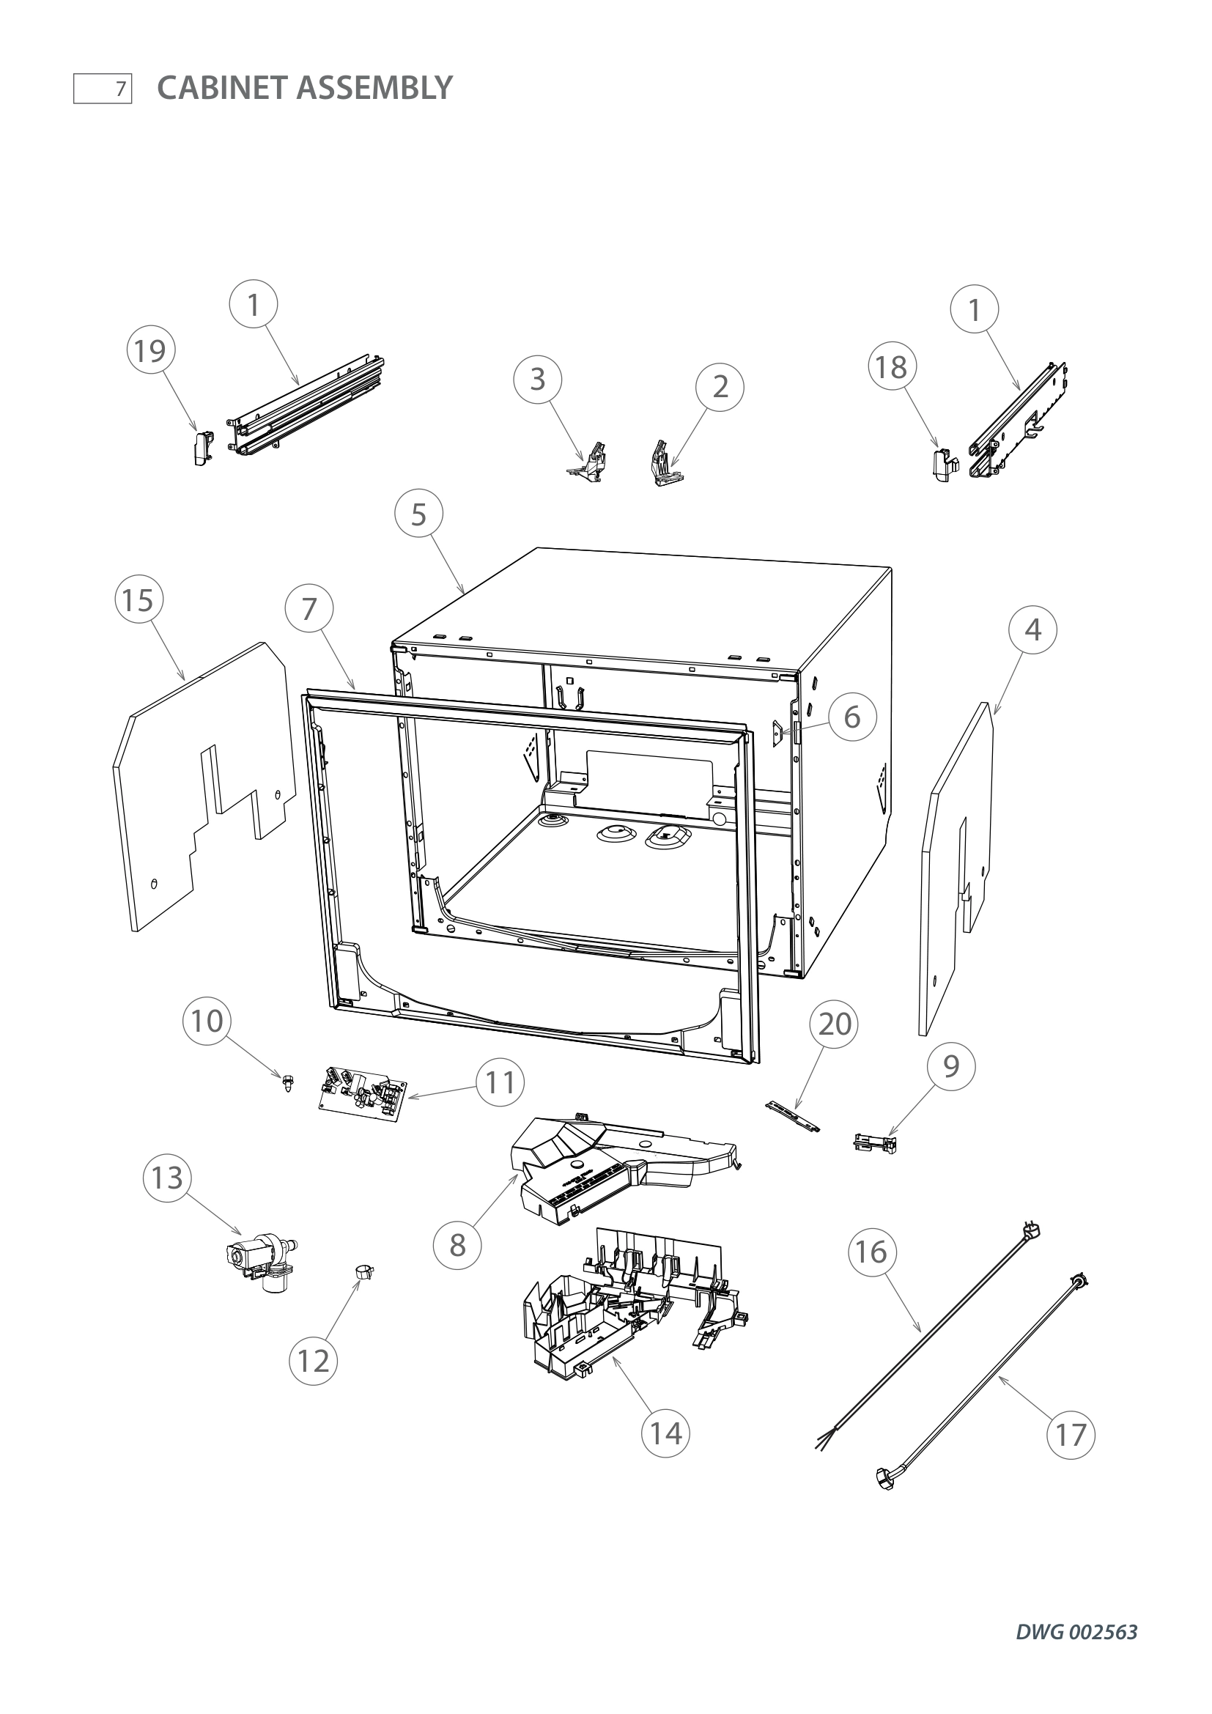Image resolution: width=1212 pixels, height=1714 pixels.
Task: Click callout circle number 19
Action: click(x=151, y=350)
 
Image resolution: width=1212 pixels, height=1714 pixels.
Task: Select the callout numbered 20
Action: click(x=835, y=1024)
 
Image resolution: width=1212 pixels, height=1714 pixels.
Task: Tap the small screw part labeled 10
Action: click(x=288, y=1082)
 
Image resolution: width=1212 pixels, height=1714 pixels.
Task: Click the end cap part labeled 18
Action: click(x=945, y=464)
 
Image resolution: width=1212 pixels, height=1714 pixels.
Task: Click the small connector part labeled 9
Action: click(x=876, y=1142)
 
